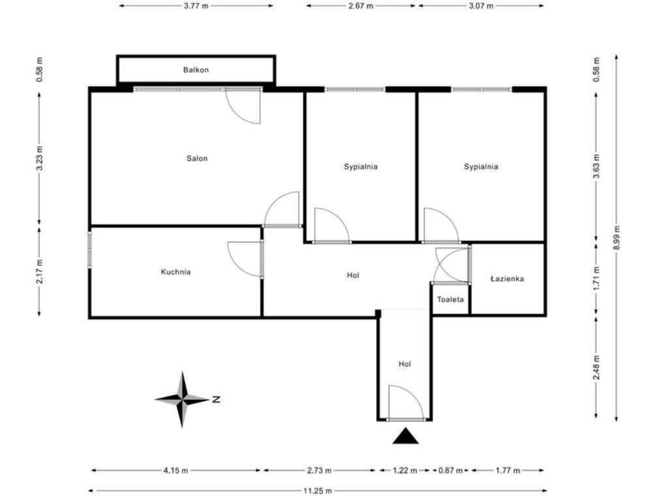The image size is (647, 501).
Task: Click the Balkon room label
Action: [196, 70]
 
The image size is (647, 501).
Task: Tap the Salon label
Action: [197, 159]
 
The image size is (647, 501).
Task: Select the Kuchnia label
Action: [176, 272]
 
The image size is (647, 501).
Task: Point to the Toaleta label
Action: [450, 299]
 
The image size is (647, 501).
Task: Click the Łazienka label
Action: [507, 279]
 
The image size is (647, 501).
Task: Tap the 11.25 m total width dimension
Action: [318, 491]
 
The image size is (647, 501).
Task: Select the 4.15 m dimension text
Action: [176, 470]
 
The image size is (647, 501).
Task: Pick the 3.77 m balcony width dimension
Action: [196, 6]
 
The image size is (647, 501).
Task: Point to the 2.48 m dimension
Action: [597, 367]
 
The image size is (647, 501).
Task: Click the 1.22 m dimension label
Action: [405, 470]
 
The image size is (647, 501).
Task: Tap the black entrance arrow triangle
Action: [405, 436]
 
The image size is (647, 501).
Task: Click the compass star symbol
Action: [182, 399]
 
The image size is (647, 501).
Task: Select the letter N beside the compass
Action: [216, 400]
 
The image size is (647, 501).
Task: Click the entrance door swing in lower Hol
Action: [406, 402]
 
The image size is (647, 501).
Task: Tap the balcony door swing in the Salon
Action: [244, 106]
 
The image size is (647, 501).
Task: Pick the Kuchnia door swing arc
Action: [245, 259]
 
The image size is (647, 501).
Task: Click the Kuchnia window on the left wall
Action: [89, 250]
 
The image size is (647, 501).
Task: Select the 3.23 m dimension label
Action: [40, 159]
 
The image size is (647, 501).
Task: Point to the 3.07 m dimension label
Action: [481, 6]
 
